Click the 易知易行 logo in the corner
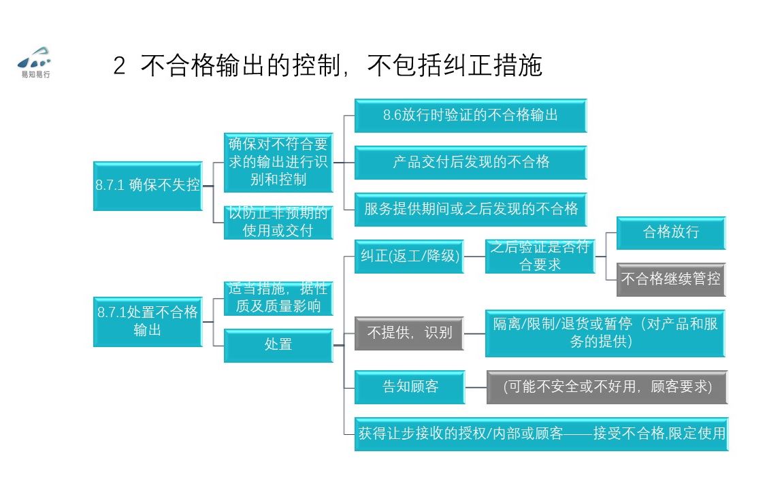click(x=35, y=62)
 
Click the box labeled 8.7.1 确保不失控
click(x=148, y=185)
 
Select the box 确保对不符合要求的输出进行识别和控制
click(x=278, y=162)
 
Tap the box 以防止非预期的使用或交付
click(x=278, y=223)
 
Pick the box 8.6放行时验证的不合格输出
click(x=470, y=115)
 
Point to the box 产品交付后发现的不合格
click(x=470, y=163)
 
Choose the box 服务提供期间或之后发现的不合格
click(x=470, y=209)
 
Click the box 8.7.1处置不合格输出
click(x=148, y=321)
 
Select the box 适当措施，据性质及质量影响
click(x=278, y=298)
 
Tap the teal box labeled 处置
click(x=278, y=345)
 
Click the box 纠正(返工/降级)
click(x=409, y=257)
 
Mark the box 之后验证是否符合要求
click(x=540, y=257)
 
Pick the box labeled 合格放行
click(x=670, y=233)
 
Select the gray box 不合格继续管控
click(x=670, y=279)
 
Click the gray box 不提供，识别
click(x=409, y=333)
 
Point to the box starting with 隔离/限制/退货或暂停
click(x=605, y=333)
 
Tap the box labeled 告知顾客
click(x=409, y=387)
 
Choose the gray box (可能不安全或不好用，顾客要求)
click(x=607, y=387)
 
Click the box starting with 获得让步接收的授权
click(x=541, y=434)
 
